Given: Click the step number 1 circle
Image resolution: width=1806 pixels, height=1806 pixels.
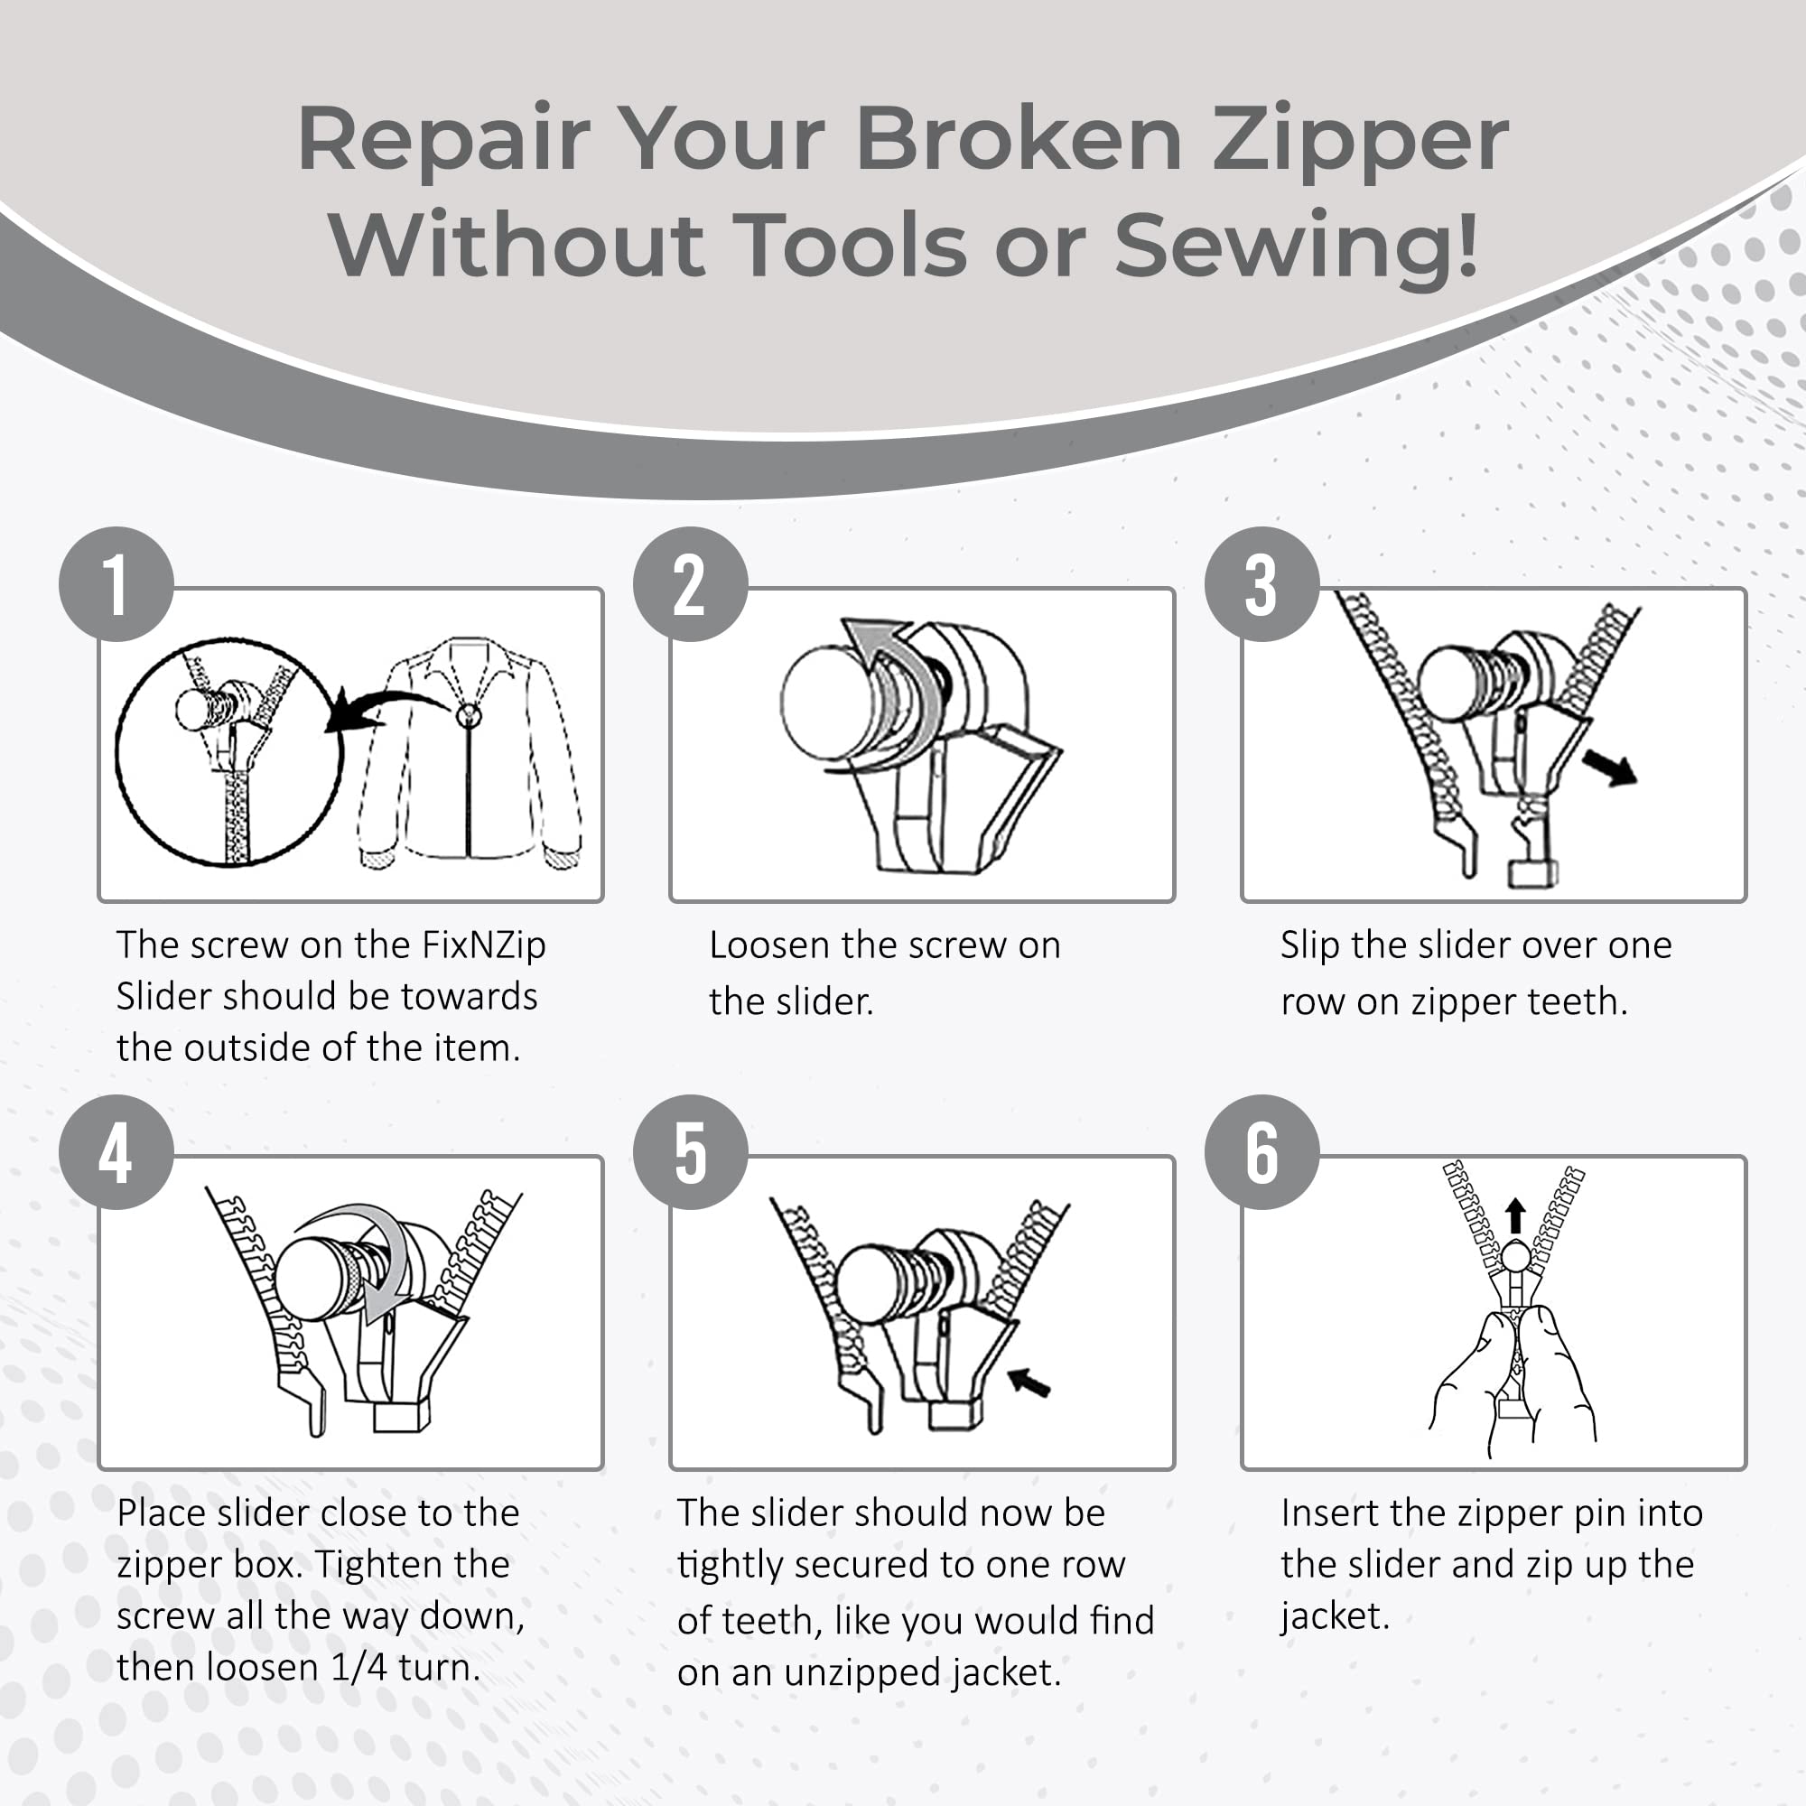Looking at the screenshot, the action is (x=116, y=584).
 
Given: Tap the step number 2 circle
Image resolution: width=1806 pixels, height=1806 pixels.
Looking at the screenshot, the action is (x=690, y=584).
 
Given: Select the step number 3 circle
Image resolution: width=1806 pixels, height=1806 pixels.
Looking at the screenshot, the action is (x=1262, y=584).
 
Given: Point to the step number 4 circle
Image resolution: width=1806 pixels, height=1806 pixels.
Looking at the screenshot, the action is (x=116, y=1151).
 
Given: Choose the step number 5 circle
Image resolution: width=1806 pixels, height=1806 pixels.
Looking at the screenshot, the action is (x=690, y=1151).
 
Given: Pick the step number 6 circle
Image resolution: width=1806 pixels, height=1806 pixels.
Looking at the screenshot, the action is (x=1262, y=1151).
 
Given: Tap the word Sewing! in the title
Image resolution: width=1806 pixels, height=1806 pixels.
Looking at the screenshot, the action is (x=1296, y=245).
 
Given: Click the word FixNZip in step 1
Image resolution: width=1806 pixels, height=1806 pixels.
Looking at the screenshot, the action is (x=483, y=945).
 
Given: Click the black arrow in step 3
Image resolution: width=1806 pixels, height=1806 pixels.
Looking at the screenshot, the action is (x=1609, y=769).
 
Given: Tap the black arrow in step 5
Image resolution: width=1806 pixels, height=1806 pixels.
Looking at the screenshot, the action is (x=1030, y=1382).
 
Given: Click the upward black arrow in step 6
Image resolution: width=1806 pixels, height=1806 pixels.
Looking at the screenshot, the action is (x=1516, y=1216).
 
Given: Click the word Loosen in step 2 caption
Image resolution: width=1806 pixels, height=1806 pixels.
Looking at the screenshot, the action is (x=770, y=945).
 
